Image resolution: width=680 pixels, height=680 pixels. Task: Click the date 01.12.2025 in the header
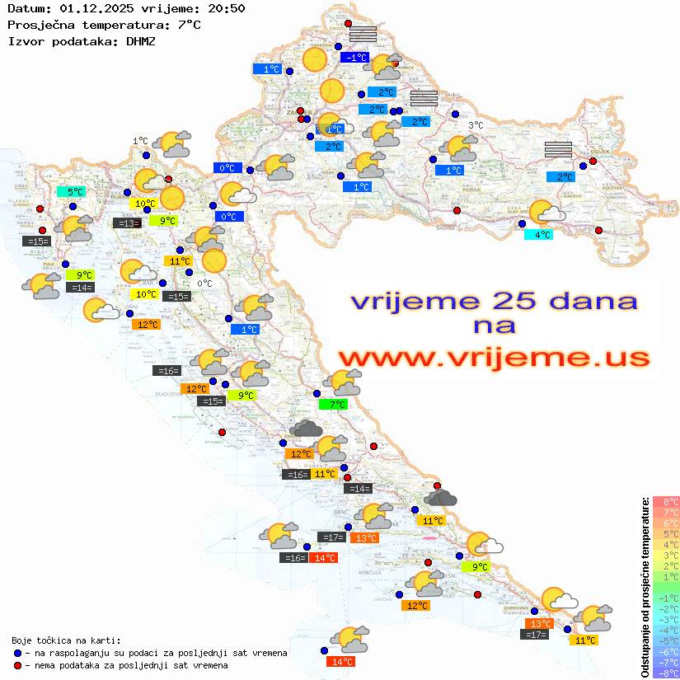(x=93, y=8)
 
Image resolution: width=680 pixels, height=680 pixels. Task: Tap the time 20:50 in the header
(x=226, y=8)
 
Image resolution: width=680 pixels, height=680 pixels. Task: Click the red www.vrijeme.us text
(x=493, y=359)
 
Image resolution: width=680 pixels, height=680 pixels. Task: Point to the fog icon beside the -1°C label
(x=363, y=34)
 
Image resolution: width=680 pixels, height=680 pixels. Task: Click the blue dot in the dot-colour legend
(x=18, y=653)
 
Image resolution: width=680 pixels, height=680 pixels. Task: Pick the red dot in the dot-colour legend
(x=18, y=665)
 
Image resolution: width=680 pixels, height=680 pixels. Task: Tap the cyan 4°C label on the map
(x=539, y=234)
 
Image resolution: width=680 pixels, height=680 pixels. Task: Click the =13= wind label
(x=126, y=223)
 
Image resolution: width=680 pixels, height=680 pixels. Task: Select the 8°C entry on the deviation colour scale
(x=666, y=501)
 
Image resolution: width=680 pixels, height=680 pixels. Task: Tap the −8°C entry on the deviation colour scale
(x=665, y=673)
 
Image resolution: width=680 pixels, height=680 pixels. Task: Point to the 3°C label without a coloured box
(x=476, y=125)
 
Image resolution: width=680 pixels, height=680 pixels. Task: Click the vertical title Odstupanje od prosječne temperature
(x=645, y=587)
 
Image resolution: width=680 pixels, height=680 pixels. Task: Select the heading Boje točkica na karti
(x=66, y=640)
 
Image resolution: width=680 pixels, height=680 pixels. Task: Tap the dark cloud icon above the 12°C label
(x=306, y=428)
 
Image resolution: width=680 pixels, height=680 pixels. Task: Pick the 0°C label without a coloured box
(x=205, y=284)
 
